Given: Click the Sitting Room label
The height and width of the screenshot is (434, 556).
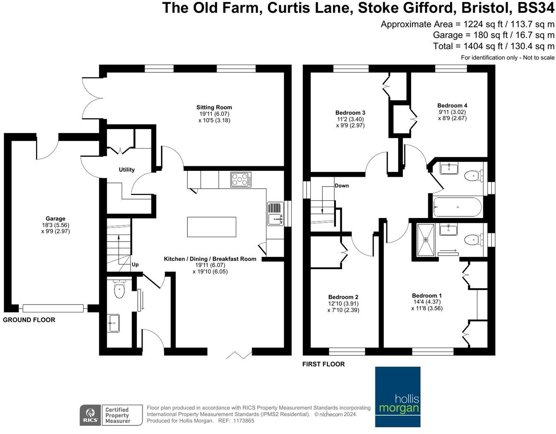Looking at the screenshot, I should (x=214, y=108).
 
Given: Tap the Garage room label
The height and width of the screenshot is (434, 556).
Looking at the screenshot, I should (x=55, y=219).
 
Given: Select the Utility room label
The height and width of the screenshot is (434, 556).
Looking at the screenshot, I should (x=127, y=170).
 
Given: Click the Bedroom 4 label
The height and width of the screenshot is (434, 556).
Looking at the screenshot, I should (x=452, y=106).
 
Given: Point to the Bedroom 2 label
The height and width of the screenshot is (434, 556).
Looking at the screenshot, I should (x=343, y=297).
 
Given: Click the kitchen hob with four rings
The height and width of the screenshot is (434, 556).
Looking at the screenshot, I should (x=241, y=180).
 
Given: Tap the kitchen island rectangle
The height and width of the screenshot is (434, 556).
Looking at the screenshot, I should (x=211, y=227).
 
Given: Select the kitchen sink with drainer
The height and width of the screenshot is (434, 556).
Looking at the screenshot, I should (x=276, y=214).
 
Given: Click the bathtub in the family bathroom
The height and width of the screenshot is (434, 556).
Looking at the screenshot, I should (x=457, y=206).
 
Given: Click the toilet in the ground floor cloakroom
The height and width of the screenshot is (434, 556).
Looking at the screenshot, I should (x=120, y=289).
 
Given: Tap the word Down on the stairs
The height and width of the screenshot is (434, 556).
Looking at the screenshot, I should (x=342, y=186).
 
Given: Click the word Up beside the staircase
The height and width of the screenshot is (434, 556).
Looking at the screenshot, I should (x=135, y=264).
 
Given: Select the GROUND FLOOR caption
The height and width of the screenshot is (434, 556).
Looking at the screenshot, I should (x=29, y=320).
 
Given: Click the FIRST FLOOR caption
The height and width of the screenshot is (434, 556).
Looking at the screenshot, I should (x=323, y=364).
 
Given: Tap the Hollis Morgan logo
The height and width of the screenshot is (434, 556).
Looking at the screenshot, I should (x=398, y=397).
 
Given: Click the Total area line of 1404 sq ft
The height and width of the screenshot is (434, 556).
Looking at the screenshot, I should (x=493, y=46).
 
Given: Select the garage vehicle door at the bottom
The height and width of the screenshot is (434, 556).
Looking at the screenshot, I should (x=53, y=308).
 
